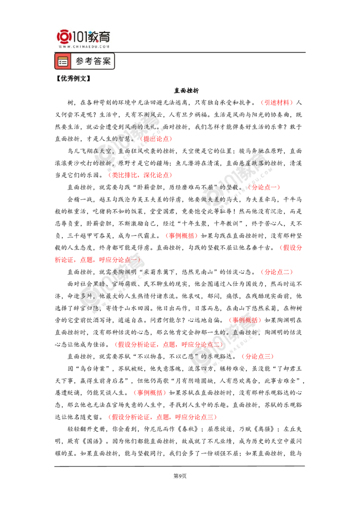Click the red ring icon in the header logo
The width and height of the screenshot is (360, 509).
tap(63, 36)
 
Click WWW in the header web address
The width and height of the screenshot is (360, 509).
tap(63, 46)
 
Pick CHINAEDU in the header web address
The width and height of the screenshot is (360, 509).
tap(84, 46)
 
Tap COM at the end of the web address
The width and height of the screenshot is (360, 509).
tap(105, 46)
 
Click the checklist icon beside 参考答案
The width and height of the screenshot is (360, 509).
tap(63, 62)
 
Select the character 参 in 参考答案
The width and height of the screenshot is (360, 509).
tap(80, 62)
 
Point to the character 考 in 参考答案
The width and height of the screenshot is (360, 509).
tap(89, 62)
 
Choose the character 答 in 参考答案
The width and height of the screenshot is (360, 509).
tap(98, 62)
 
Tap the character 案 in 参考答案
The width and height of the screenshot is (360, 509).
tap(107, 62)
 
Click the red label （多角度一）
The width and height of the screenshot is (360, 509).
tap(265, 187)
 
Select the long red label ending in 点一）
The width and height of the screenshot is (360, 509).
tap(97, 260)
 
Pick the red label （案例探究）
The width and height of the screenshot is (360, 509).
tap(245, 320)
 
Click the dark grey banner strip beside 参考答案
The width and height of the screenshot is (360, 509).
tap(234, 62)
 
